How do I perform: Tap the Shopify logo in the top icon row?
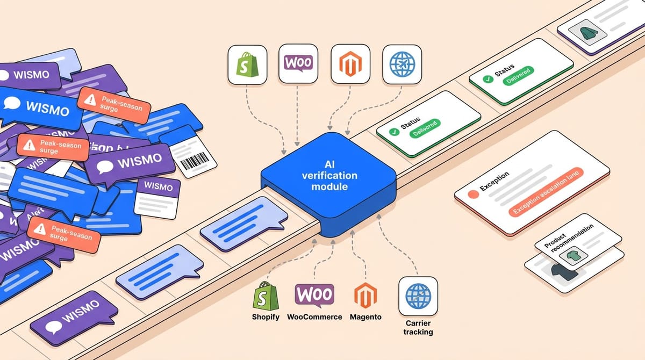click(247, 64)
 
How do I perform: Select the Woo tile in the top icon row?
click(298, 63)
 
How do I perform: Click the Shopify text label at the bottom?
click(266, 317)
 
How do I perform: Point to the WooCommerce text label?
click(314, 317)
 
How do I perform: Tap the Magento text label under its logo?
click(365, 317)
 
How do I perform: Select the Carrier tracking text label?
click(418, 327)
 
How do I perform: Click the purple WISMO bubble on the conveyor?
click(74, 317)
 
